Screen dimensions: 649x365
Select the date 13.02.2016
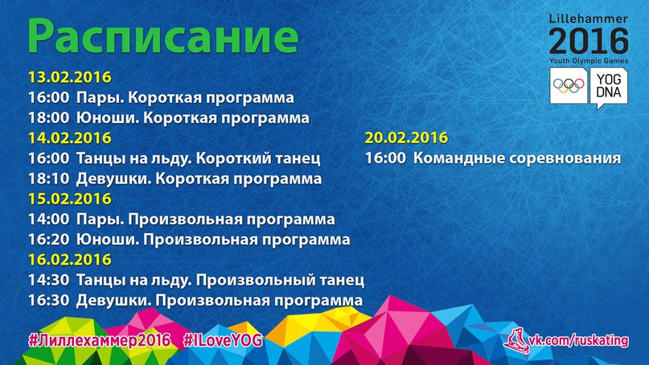[x=69, y=77]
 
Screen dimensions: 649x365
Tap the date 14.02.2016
[x=69, y=137]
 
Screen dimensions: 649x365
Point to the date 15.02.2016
[x=69, y=199]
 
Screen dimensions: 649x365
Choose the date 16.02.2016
[x=69, y=260]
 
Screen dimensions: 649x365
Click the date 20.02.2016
[x=406, y=137]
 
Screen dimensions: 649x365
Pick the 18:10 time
[x=48, y=178]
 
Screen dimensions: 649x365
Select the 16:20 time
[x=48, y=240]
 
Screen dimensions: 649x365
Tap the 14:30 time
[x=48, y=280]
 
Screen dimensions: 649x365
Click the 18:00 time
[x=48, y=118]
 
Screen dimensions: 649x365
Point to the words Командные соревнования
[x=517, y=158]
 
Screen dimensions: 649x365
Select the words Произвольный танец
[x=280, y=280]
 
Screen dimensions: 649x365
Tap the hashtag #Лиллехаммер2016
[x=100, y=341]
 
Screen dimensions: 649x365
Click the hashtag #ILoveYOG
[x=223, y=341]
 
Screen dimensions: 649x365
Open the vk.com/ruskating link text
[x=580, y=341]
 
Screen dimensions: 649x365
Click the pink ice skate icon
[x=516, y=341]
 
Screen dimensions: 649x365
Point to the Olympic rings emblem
[x=569, y=86]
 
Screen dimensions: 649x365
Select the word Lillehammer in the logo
[x=589, y=19]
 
